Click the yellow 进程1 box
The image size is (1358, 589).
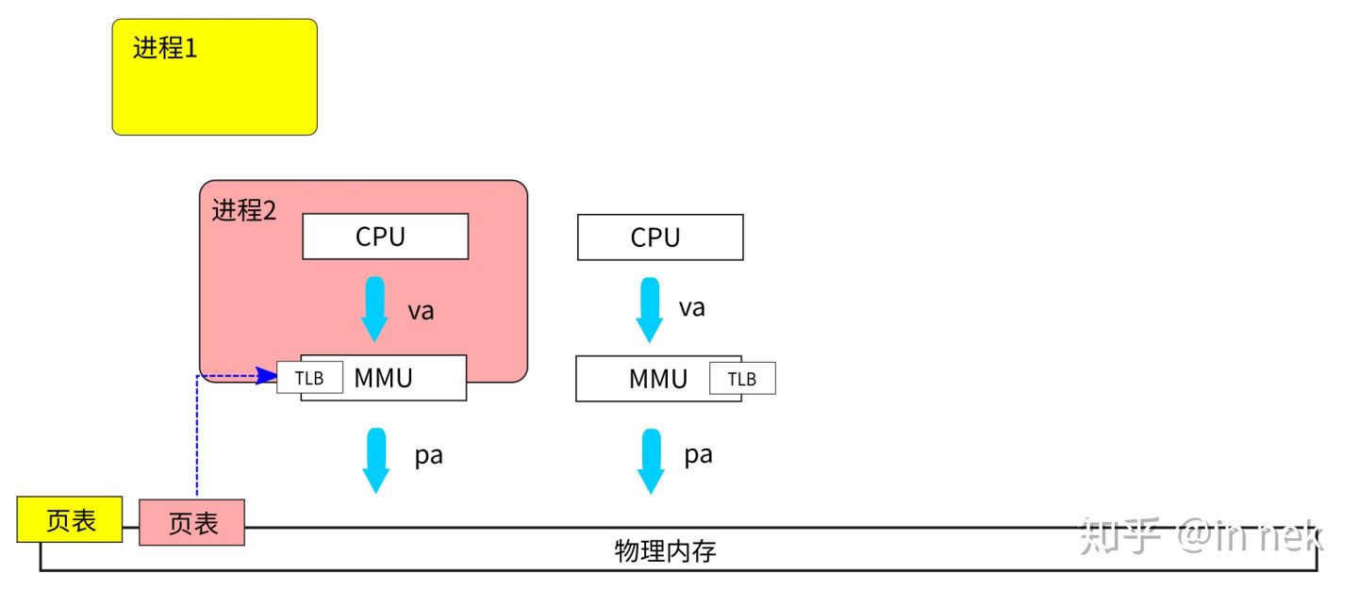pyautogui.click(x=214, y=77)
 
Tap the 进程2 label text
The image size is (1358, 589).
pyautogui.click(x=243, y=211)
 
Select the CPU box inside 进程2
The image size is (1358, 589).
pyautogui.click(x=385, y=237)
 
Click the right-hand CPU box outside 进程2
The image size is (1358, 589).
pyautogui.click(x=659, y=237)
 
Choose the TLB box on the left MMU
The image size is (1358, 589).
pyautogui.click(x=309, y=378)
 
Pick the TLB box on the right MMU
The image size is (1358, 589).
pyautogui.click(x=742, y=379)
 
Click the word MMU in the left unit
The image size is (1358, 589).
pyautogui.click(x=384, y=378)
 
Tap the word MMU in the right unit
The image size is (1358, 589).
pyautogui.click(x=658, y=379)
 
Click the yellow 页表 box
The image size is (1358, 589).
pyautogui.click(x=70, y=520)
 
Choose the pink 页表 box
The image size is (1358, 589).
pyautogui.click(x=192, y=523)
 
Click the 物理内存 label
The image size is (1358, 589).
pyautogui.click(x=665, y=551)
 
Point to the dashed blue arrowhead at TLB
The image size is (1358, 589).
pyautogui.click(x=268, y=376)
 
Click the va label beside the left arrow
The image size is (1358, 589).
pyautogui.click(x=421, y=311)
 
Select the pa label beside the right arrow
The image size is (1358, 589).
pyautogui.click(x=698, y=455)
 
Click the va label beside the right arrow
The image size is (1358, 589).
pyautogui.click(x=692, y=307)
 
